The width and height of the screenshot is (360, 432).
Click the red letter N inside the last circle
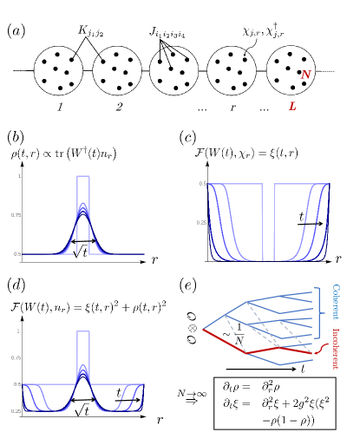[305, 75]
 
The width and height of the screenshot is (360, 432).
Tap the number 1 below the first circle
[60, 107]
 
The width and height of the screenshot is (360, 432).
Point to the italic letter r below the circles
[232, 107]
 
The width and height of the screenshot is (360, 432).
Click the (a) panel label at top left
[16, 32]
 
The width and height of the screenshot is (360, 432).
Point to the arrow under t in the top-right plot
[307, 224]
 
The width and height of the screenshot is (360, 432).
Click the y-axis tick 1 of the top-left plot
[18, 177]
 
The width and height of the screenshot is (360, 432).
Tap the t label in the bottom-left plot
[118, 392]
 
